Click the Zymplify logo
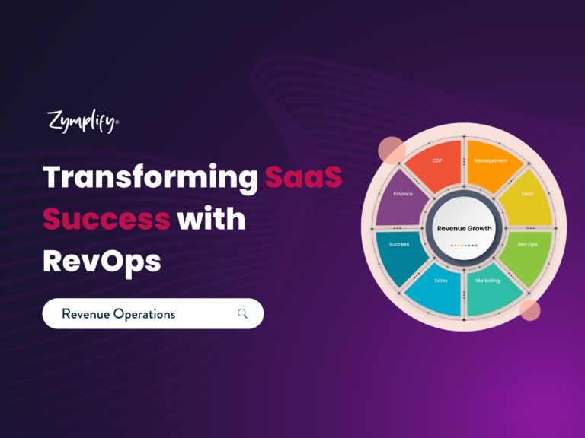pyautogui.click(x=83, y=121)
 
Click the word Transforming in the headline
pyautogui.click(x=150, y=179)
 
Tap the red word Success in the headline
pyautogui.click(x=107, y=219)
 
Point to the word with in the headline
pyautogui.click(x=211, y=218)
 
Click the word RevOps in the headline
pyautogui.click(x=102, y=262)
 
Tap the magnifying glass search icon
pyautogui.click(x=242, y=313)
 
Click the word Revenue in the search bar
pyautogui.click(x=86, y=314)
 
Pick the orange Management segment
pyautogui.click(x=491, y=166)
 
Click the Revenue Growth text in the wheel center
pyautogui.click(x=464, y=228)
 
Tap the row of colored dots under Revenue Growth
pyautogui.click(x=464, y=246)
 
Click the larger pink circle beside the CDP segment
pyautogui.click(x=392, y=151)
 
